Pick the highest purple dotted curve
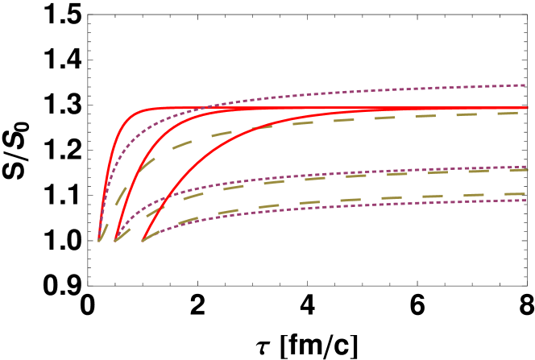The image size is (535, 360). (322, 93)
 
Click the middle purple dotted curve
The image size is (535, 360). (322, 175)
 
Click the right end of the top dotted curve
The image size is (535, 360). (525, 84)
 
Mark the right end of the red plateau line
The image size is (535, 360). (527, 107)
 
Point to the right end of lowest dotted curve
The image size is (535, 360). (525, 200)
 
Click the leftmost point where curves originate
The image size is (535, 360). (99, 240)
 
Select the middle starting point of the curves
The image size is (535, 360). (115, 240)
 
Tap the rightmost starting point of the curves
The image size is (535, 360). (143, 240)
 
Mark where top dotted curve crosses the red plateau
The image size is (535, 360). (206, 107)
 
